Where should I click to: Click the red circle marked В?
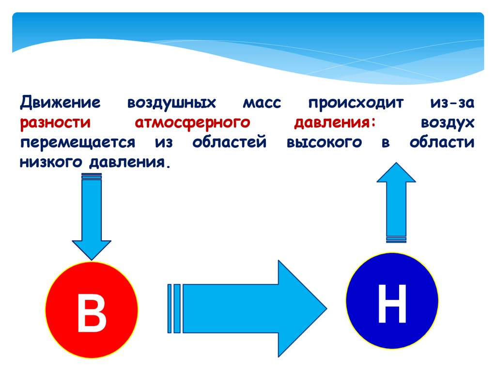91,310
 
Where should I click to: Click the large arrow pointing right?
252,308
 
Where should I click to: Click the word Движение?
60,103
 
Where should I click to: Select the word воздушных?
171,103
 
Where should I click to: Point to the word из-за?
451,103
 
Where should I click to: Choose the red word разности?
55,123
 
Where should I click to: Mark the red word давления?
335,123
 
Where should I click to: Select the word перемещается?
77,142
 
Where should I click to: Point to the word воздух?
447,123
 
